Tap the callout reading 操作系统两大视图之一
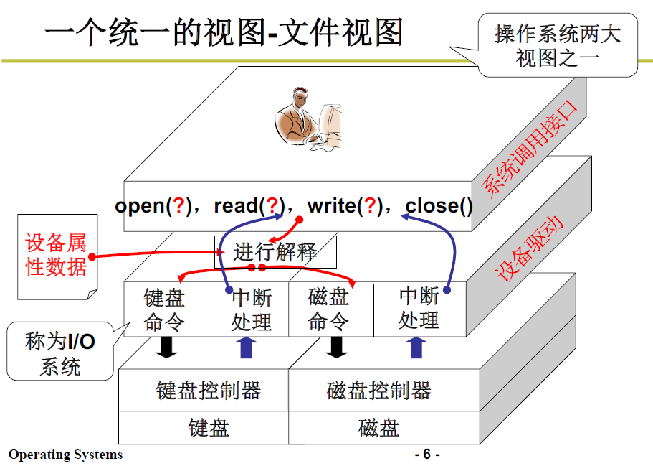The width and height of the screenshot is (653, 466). click(557, 45)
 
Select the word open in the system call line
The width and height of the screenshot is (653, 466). click(139, 207)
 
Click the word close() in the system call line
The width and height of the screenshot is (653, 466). click(439, 207)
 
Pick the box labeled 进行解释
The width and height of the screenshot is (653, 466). click(275, 252)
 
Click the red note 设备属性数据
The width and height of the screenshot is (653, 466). click(56, 255)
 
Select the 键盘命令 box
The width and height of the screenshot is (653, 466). click(166, 309)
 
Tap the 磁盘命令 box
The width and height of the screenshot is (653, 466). click(329, 309)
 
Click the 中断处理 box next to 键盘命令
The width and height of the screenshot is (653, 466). click(251, 309)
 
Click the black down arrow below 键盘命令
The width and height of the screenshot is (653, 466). click(168, 347)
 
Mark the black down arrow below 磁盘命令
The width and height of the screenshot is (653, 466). click(335, 347)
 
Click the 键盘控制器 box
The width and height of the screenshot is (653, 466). click(208, 391)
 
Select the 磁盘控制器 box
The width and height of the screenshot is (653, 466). click(378, 391)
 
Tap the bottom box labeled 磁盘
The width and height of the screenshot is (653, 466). click(378, 428)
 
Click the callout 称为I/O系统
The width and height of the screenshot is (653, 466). click(60, 353)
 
